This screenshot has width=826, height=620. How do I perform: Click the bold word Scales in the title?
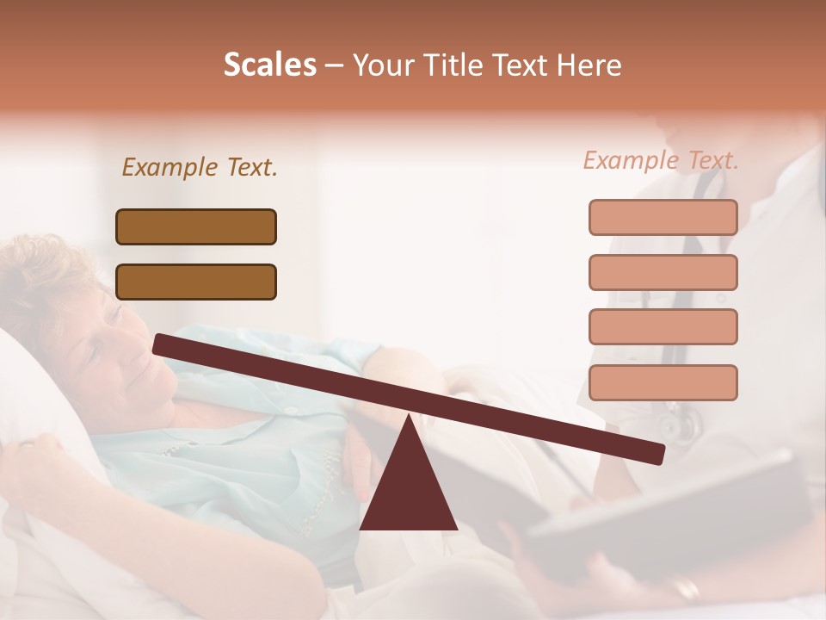(x=269, y=65)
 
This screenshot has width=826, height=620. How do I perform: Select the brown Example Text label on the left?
(x=200, y=168)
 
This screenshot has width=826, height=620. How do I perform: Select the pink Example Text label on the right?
(x=661, y=160)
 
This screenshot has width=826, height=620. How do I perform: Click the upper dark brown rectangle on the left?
(x=196, y=226)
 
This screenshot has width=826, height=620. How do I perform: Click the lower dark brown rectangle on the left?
(x=196, y=282)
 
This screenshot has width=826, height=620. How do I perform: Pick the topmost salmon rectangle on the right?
(x=663, y=217)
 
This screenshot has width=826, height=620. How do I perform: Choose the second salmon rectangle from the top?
(x=663, y=272)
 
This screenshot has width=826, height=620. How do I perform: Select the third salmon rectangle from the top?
(x=663, y=326)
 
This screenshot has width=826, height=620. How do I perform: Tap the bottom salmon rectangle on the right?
(x=663, y=381)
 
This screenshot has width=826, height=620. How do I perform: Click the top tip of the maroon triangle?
(x=408, y=417)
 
